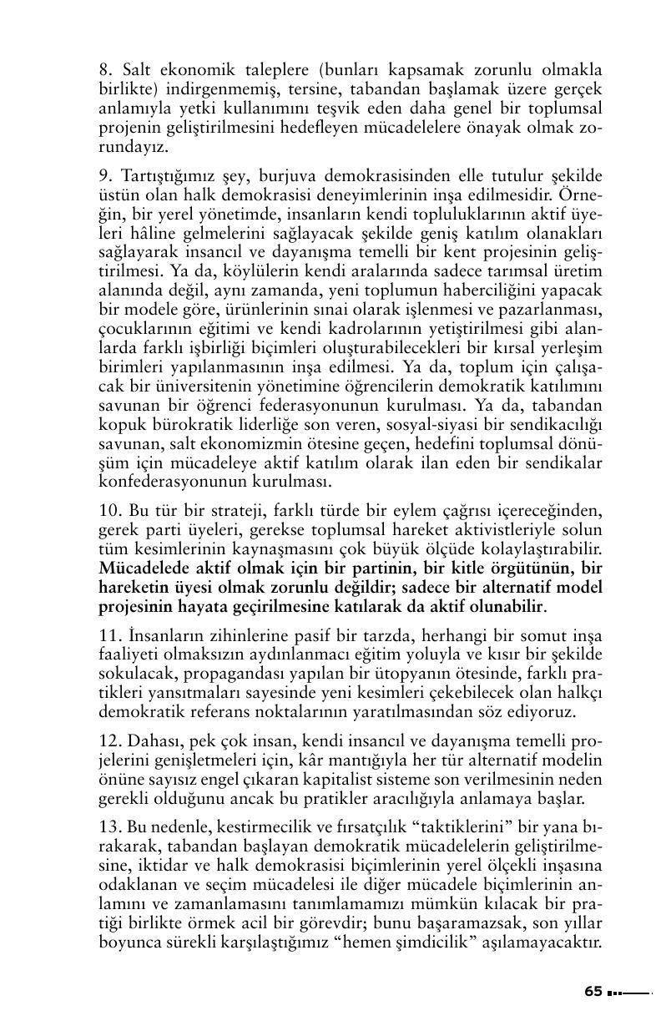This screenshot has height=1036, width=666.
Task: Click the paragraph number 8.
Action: pos(104,69)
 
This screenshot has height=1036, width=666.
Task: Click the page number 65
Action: pos(593,991)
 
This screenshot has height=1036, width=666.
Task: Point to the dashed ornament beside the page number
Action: pos(628,993)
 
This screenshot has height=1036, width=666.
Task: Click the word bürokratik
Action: pos(187,426)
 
